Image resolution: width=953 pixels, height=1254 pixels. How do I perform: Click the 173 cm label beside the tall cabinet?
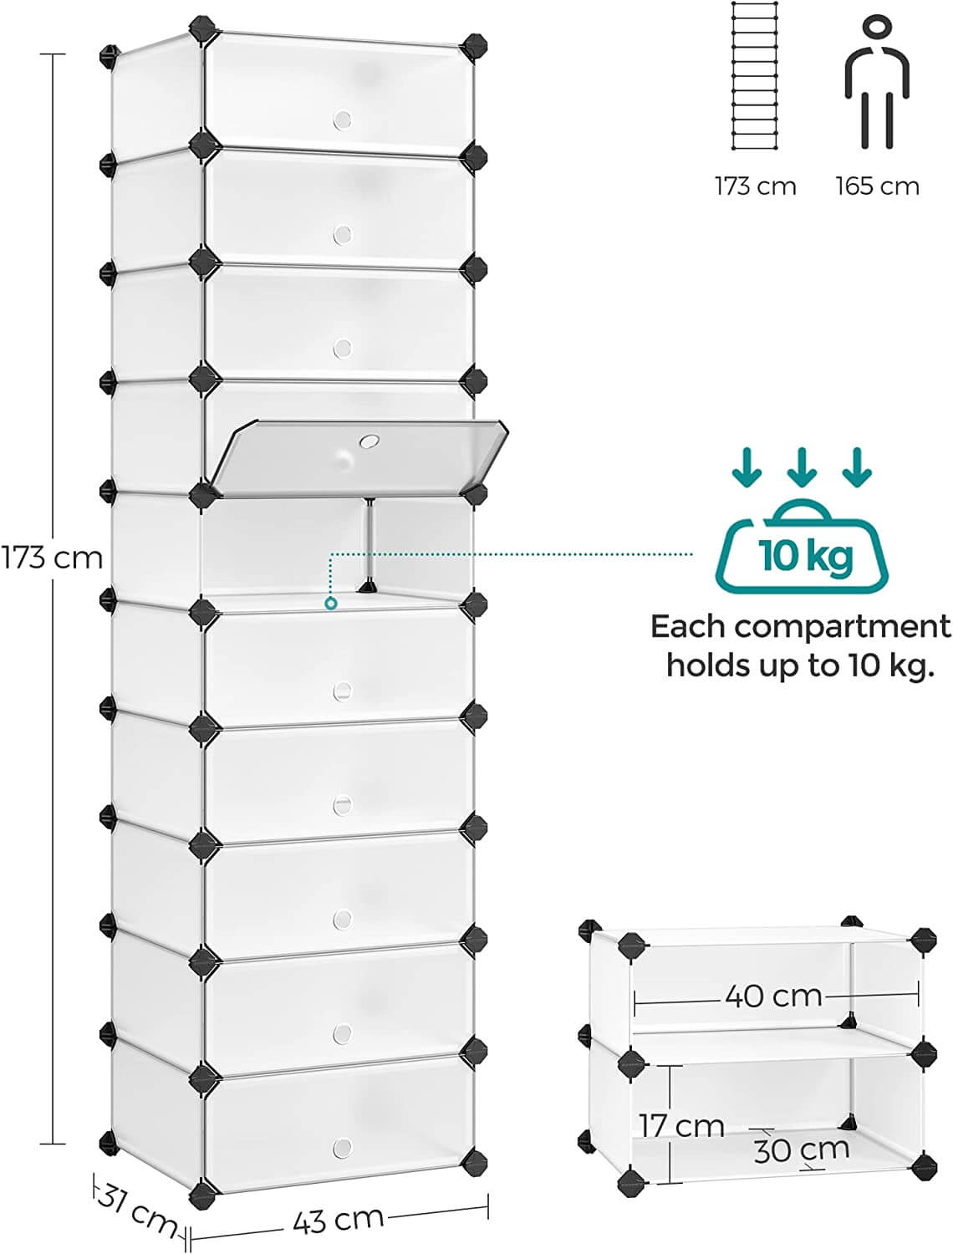(x=52, y=557)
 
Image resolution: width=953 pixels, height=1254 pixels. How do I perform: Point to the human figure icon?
(x=875, y=84)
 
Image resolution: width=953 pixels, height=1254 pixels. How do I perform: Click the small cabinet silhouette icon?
(x=755, y=76)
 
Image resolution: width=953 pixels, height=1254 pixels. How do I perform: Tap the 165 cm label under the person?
(x=877, y=186)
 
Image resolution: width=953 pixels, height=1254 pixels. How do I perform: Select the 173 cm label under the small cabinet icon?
(x=755, y=186)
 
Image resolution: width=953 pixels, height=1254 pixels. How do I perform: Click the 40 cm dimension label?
(x=773, y=996)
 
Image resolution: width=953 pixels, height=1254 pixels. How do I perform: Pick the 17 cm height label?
(x=682, y=1125)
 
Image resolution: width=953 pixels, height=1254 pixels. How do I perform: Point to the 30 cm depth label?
(x=801, y=1149)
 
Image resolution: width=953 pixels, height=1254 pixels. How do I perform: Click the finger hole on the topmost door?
(x=342, y=120)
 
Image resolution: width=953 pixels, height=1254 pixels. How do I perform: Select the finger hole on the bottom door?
(x=342, y=1148)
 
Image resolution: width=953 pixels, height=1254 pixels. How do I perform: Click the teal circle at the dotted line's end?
(x=332, y=603)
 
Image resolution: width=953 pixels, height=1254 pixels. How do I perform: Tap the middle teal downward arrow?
(x=802, y=467)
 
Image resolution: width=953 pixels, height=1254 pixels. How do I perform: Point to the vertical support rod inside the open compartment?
(x=368, y=543)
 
